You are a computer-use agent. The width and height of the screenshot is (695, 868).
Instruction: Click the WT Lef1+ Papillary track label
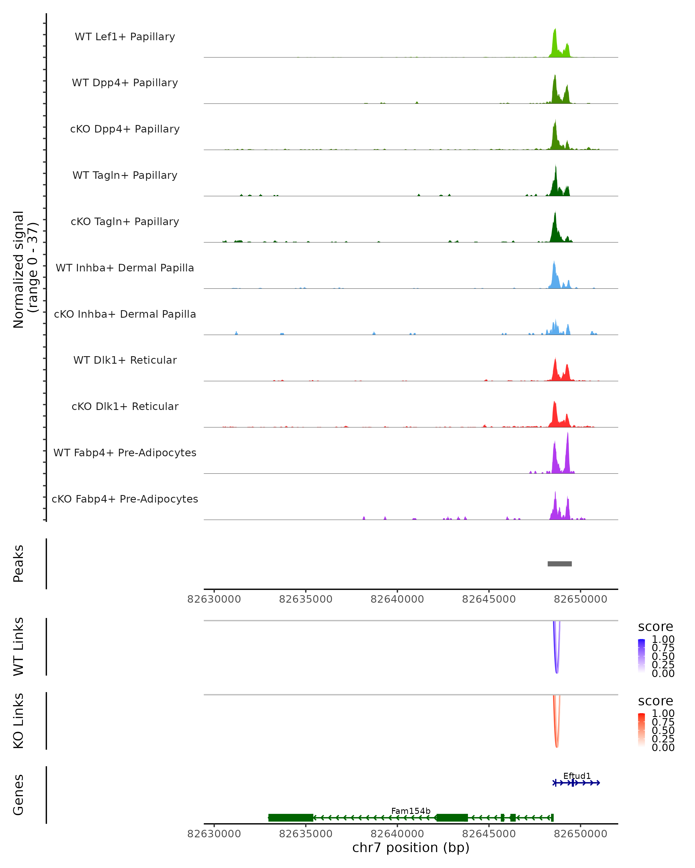pyautogui.click(x=125, y=37)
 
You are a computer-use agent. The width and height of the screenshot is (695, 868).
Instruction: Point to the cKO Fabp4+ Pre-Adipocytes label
pyautogui.click(x=125, y=499)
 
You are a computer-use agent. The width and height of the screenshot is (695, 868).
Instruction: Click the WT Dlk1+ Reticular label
pyautogui.click(x=125, y=360)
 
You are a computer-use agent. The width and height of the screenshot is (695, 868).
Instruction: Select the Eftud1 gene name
pyautogui.click(x=577, y=776)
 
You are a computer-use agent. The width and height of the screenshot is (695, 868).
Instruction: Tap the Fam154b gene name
pyautogui.click(x=411, y=811)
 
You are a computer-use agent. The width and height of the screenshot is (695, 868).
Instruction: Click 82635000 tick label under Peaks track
pyautogui.click(x=306, y=599)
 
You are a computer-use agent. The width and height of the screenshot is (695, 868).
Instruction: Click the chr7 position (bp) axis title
pyautogui.click(x=411, y=848)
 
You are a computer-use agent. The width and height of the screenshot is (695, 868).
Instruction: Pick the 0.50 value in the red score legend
pyautogui.click(x=663, y=730)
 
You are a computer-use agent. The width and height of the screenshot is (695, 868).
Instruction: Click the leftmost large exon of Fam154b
pyautogui.click(x=290, y=818)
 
